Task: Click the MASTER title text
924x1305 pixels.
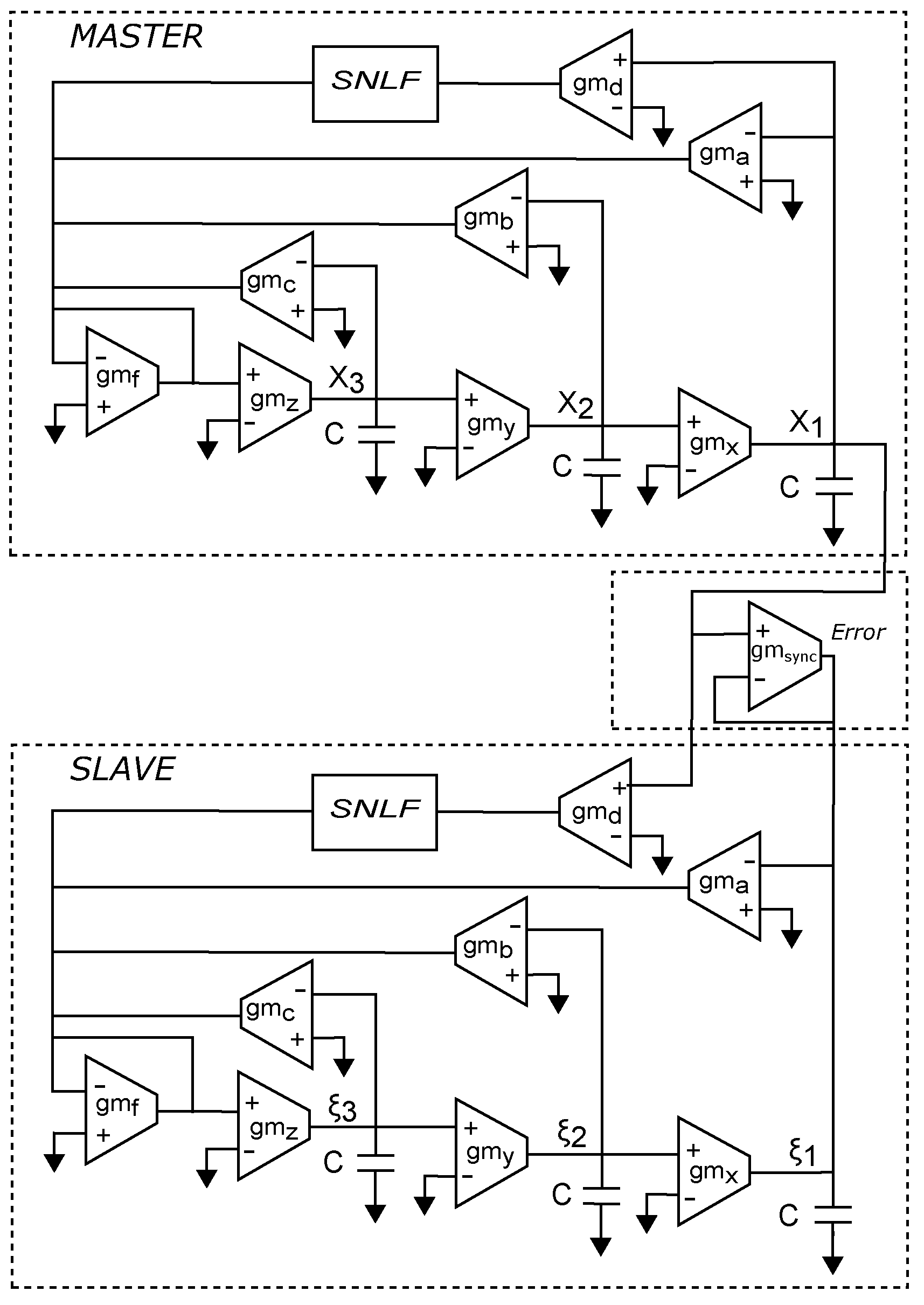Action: [x=136, y=37]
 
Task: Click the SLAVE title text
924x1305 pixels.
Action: [x=122, y=769]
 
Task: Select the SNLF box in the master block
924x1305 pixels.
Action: [x=375, y=84]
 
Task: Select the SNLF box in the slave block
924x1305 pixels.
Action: [x=374, y=813]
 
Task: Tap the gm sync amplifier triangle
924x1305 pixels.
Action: [x=782, y=656]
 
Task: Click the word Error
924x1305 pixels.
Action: [x=857, y=633]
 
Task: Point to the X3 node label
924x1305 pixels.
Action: [x=346, y=378]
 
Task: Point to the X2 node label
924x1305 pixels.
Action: [x=575, y=405]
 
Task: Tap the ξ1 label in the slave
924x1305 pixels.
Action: [x=802, y=1153]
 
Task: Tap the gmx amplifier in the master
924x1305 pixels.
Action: [x=713, y=442]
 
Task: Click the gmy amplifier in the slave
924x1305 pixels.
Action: [x=490, y=1153]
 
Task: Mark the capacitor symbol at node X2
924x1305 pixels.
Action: [x=602, y=467]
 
